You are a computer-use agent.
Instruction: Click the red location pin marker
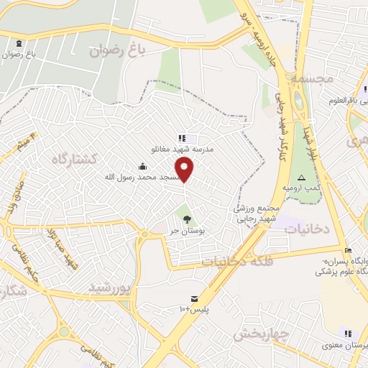pos(185,169)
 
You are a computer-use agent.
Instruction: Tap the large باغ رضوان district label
pos(116,50)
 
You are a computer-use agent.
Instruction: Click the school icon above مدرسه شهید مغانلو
pos(181,137)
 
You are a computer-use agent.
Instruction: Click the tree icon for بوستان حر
pos(188,218)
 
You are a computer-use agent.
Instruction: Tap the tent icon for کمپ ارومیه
pos(301,177)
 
